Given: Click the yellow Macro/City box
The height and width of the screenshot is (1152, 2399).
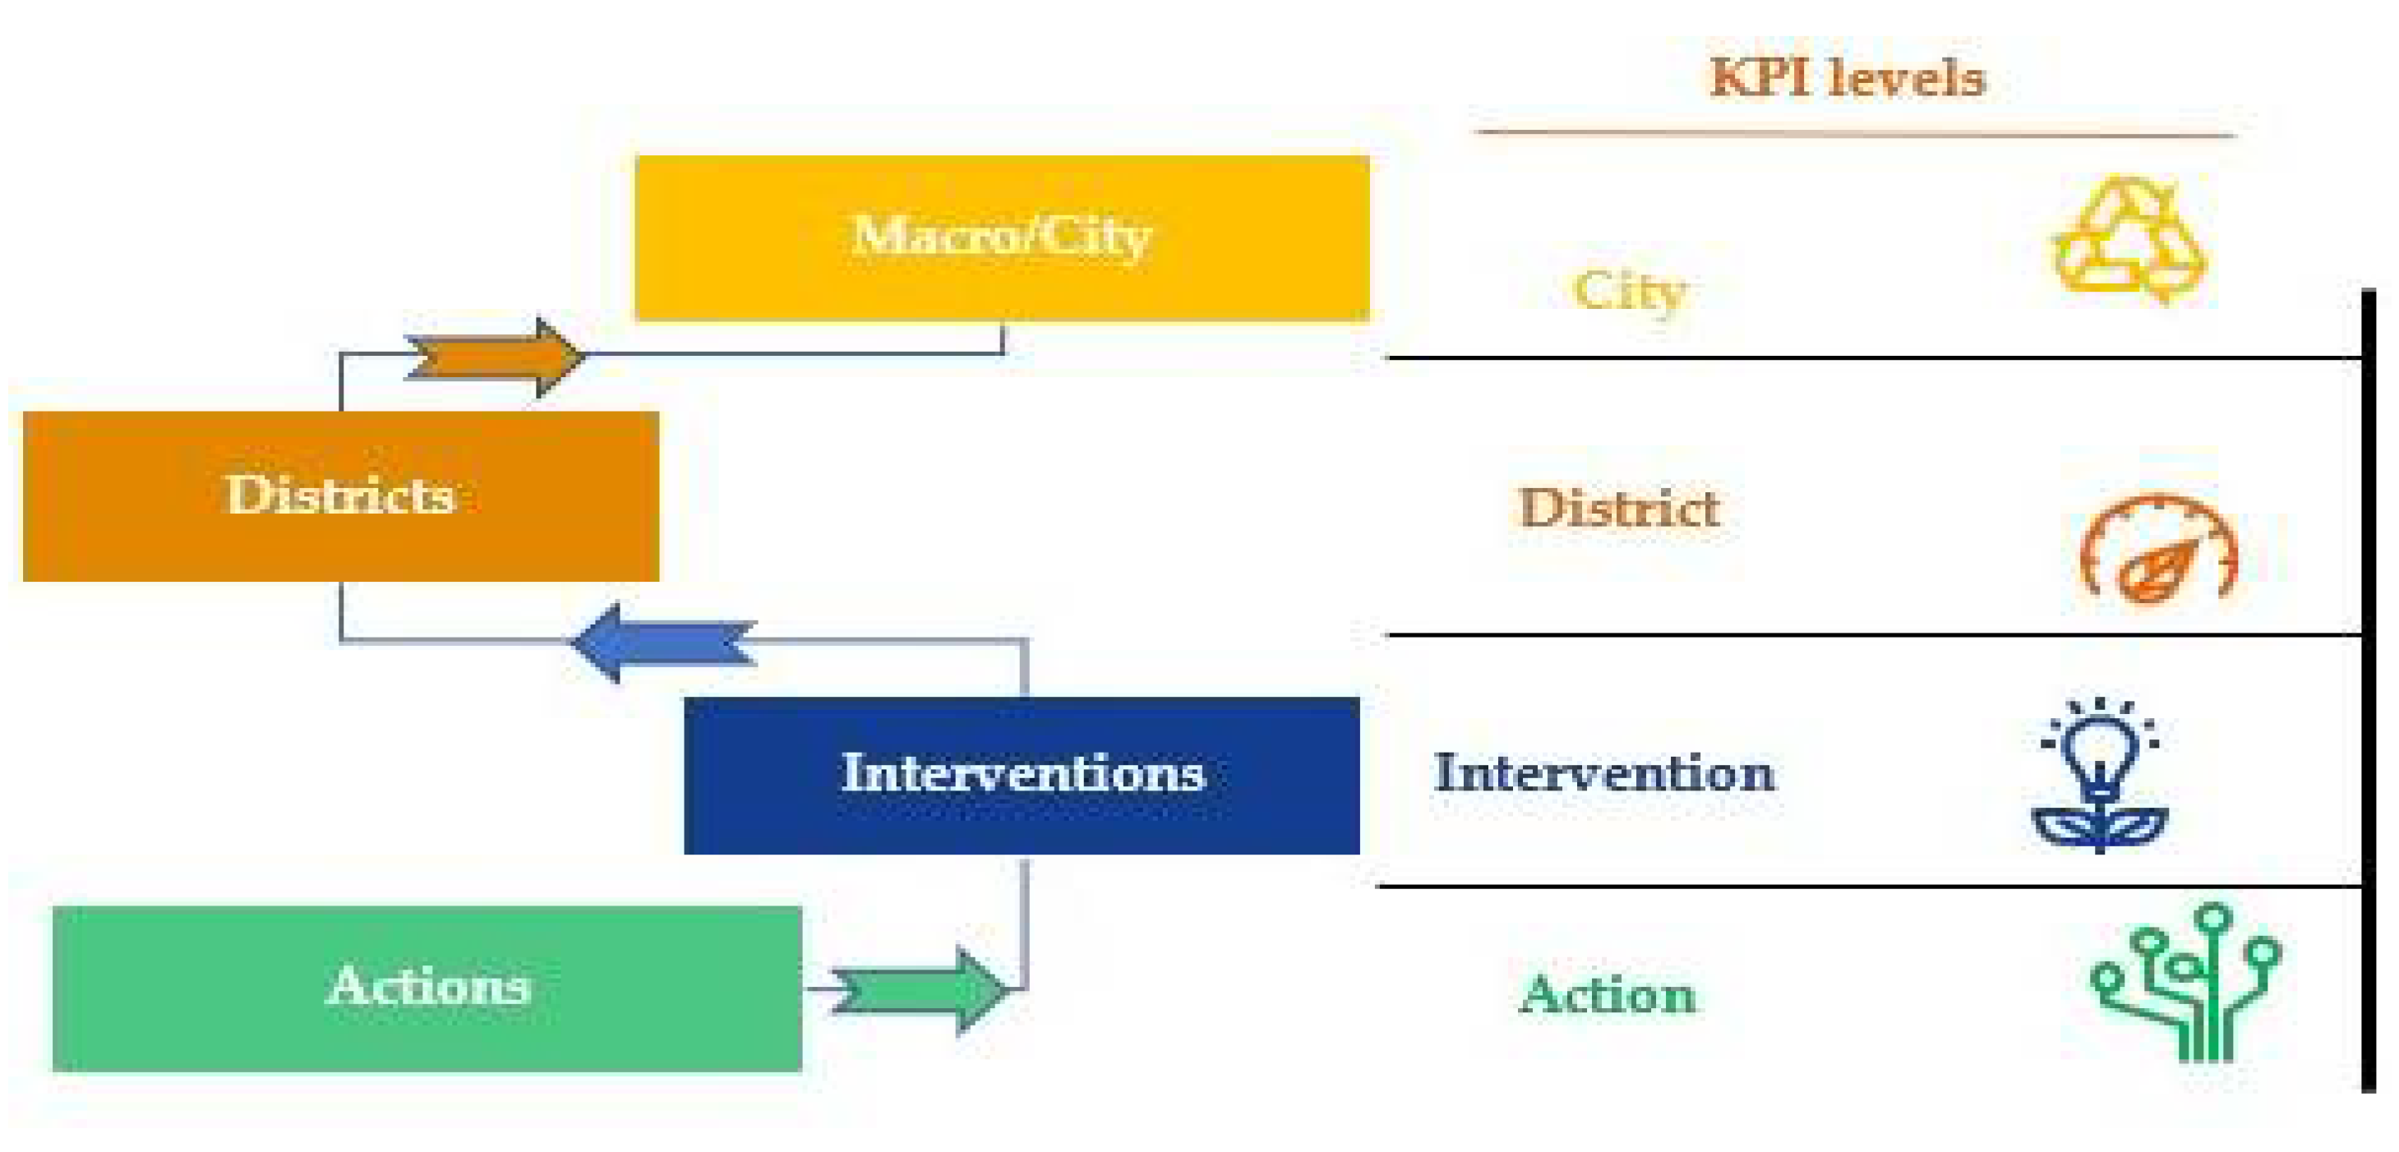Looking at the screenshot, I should pyautogui.click(x=1002, y=279).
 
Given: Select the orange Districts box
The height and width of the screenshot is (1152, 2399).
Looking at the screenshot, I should pyautogui.click(x=341, y=540).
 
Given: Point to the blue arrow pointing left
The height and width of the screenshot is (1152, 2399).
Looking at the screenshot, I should pyautogui.click(x=663, y=643).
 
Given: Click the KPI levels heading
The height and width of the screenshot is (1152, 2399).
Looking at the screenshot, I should pyautogui.click(x=1848, y=77).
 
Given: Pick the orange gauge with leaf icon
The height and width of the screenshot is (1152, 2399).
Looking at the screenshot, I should pyautogui.click(x=2158, y=550).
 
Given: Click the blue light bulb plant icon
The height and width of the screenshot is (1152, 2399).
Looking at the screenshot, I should pyautogui.click(x=2100, y=773).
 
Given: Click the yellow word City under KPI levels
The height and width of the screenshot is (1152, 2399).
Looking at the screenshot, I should pyautogui.click(x=1630, y=292).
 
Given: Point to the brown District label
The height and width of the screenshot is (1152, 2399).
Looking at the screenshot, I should pyautogui.click(x=1618, y=509).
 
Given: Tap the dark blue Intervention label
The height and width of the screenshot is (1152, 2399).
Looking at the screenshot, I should pyautogui.click(x=1603, y=773).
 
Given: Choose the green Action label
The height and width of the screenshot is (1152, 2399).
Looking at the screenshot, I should pyautogui.click(x=1608, y=994).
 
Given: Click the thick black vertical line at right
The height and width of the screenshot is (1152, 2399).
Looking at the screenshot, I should pyautogui.click(x=2369, y=689).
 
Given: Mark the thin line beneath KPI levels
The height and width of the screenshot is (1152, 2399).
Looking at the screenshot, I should pyautogui.click(x=1857, y=134).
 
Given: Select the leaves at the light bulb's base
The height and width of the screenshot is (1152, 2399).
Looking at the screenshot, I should pyautogui.click(x=2100, y=827).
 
